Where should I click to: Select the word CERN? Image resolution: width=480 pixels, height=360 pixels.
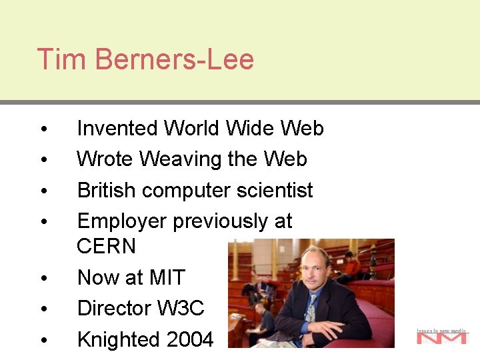click(x=106, y=246)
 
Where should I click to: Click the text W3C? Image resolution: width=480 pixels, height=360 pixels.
click(x=180, y=308)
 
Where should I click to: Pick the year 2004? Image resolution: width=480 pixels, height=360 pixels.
click(x=189, y=339)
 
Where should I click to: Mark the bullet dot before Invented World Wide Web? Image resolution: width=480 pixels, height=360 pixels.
click(x=42, y=129)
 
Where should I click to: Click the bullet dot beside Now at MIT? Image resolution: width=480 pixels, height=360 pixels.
click(x=42, y=278)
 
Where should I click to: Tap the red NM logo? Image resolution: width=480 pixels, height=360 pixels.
click(x=441, y=338)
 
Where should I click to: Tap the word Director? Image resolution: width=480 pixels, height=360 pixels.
click(x=114, y=308)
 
